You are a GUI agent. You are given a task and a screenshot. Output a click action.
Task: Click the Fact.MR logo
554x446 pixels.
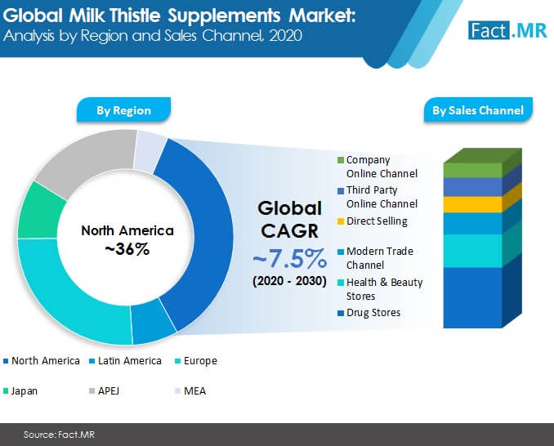[507, 30]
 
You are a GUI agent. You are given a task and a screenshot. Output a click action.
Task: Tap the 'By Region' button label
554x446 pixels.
[123, 110]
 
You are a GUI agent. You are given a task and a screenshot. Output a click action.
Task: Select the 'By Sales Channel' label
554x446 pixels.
[478, 110]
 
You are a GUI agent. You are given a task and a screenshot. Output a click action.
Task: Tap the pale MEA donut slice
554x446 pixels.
[149, 150]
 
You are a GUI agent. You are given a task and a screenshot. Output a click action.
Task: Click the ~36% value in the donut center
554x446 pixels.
[127, 249]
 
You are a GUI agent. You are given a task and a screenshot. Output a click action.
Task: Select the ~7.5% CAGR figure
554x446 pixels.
[290, 258]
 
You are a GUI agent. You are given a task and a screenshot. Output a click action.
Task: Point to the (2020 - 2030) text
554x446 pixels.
[290, 281]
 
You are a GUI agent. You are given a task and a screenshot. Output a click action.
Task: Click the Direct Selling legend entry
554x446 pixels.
[373, 221]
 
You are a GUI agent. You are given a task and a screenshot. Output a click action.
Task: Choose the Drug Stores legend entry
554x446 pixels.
[369, 313]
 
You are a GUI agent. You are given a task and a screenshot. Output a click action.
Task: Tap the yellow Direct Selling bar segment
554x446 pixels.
[473, 204]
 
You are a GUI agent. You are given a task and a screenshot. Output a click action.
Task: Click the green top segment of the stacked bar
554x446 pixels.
[473, 170]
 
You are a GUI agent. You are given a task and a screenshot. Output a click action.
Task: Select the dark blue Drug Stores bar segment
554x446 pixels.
[473, 297]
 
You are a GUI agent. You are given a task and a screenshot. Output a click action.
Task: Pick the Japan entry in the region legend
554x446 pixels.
[20, 391]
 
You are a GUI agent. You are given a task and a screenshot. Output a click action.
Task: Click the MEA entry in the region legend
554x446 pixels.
[190, 391]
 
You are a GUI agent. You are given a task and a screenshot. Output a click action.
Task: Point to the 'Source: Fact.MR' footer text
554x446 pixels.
[59, 435]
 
